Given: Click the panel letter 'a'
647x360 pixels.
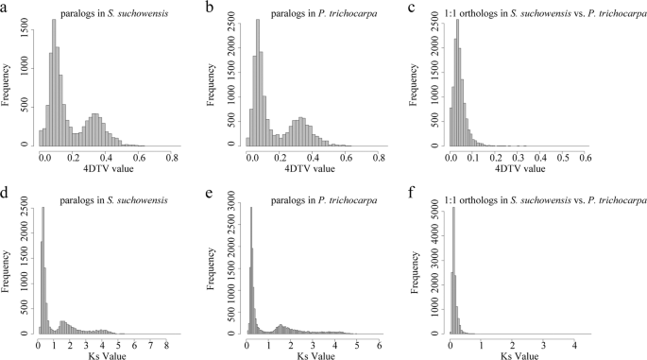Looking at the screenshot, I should point(6,9).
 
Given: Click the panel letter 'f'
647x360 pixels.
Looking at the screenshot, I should point(437,194).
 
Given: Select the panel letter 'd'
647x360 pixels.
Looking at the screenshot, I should point(6,194).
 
